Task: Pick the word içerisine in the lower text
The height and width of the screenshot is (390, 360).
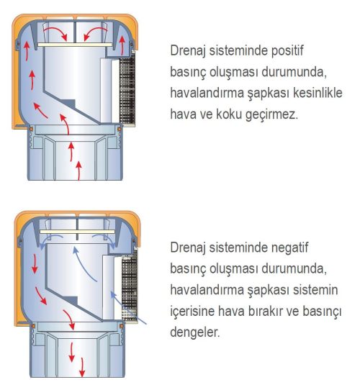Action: coord(195,312)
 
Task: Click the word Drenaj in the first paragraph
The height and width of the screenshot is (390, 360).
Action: coord(190,53)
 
